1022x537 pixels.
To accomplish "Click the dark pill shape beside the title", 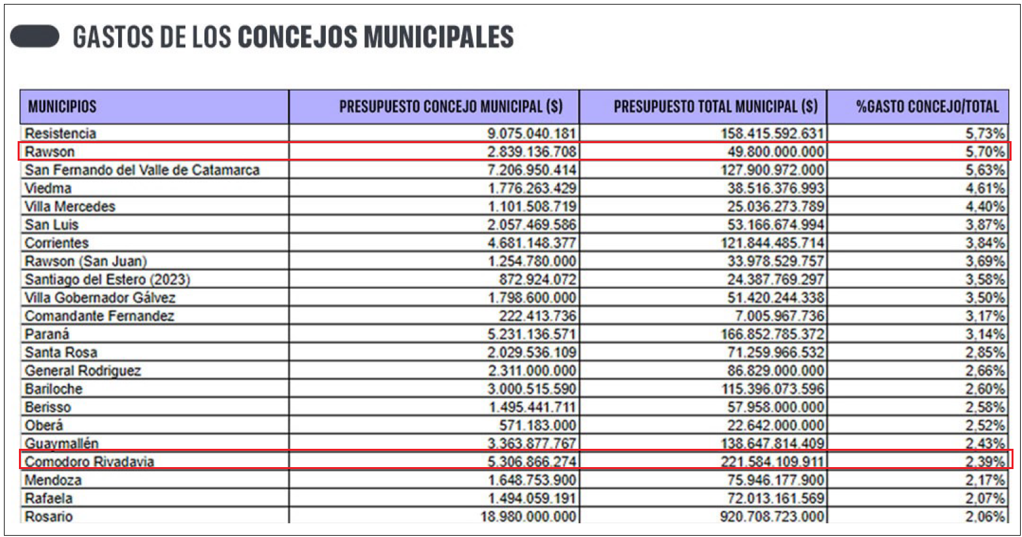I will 35,37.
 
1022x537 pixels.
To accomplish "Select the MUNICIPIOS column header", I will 62,106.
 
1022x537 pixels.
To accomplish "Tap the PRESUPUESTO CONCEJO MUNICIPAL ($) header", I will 451,106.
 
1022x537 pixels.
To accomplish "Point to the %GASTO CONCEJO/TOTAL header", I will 927,106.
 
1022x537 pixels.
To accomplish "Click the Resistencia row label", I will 61,134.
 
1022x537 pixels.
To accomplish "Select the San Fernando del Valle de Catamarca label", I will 142,171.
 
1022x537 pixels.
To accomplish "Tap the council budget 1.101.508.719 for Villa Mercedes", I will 532,207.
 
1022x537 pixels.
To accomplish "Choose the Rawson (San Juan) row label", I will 86,261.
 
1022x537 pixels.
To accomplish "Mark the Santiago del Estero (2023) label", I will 108,280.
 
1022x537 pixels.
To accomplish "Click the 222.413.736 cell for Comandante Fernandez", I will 537,316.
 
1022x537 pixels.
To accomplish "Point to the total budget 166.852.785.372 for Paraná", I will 773,334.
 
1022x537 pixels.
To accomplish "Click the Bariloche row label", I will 54,389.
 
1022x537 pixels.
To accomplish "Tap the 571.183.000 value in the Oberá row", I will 537,426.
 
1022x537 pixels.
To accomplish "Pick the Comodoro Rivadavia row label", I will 89,462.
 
